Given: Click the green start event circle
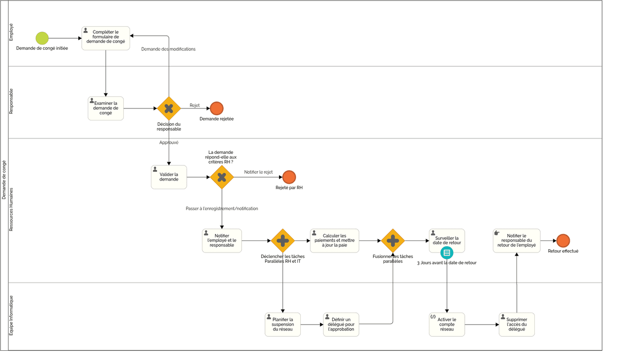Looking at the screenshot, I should tap(42, 38).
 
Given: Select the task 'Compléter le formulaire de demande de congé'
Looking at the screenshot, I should tap(105, 38).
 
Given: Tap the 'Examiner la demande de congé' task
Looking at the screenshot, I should tap(105, 108).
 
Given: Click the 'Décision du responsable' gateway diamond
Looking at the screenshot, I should tap(169, 108).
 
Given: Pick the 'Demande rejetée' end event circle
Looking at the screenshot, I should tap(217, 108).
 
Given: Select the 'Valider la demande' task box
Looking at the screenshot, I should tap(169, 177).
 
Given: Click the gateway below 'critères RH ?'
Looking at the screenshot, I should tap(222, 177).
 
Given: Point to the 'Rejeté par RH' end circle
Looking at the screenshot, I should tap(289, 177).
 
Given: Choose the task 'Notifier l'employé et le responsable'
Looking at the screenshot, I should tap(222, 240).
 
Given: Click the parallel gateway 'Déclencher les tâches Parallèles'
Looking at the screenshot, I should tap(283, 240).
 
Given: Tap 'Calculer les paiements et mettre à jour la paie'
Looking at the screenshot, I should tap(335, 240).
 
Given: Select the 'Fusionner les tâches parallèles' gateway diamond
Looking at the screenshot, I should tap(393, 240).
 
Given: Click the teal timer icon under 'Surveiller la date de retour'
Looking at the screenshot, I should tap(447, 253).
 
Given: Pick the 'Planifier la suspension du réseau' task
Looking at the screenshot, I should tap(283, 324).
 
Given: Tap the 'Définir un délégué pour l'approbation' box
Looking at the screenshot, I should tap(341, 324).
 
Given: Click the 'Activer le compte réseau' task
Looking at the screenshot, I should tap(447, 324).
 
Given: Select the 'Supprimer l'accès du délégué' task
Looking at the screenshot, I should tap(516, 324).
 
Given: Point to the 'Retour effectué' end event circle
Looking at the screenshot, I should tap(563, 240).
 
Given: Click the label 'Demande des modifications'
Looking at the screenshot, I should tap(168, 49).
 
